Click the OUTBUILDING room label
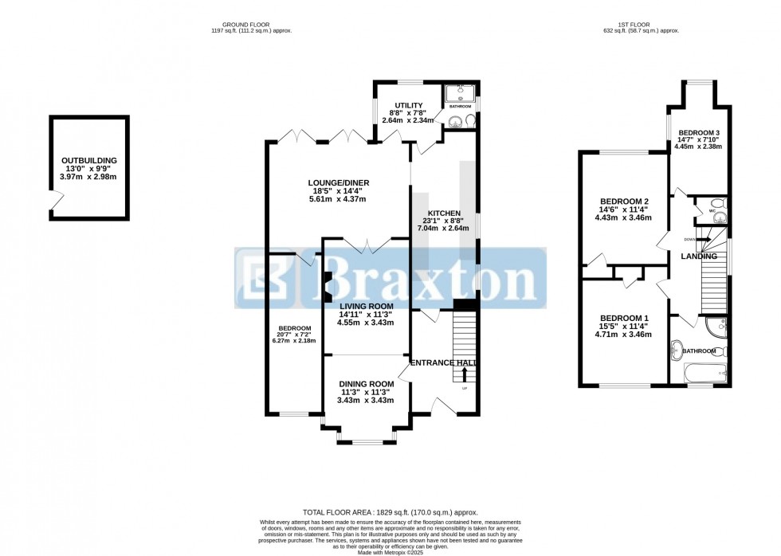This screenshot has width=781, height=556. pos(89,159)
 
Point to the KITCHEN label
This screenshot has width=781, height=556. pos(444,213)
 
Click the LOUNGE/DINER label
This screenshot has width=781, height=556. pos(339,183)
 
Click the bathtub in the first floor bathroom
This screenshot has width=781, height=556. pos(705,372)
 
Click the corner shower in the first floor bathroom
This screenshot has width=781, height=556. pos(716,326)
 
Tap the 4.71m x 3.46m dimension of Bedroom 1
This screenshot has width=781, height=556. pos(623,335)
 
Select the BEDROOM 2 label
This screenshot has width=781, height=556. pos(623,200)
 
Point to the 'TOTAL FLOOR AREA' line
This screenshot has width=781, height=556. pos(390,512)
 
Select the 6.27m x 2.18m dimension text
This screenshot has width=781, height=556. pos(294,340)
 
